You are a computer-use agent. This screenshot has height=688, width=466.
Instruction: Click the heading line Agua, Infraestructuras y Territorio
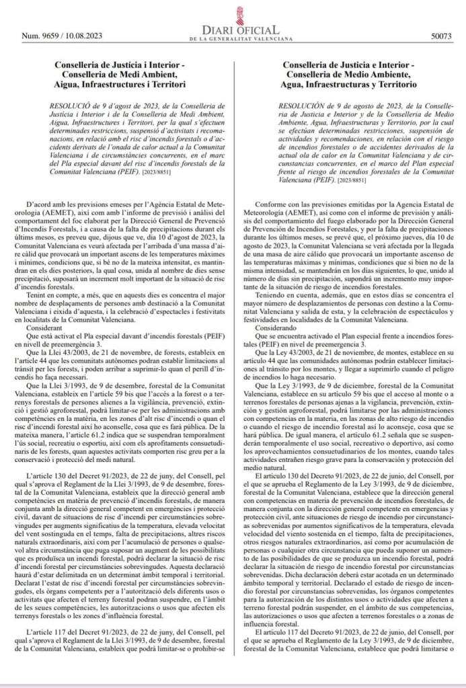click(x=350, y=85)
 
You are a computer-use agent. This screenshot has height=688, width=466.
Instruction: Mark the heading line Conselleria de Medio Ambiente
click(x=350, y=75)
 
